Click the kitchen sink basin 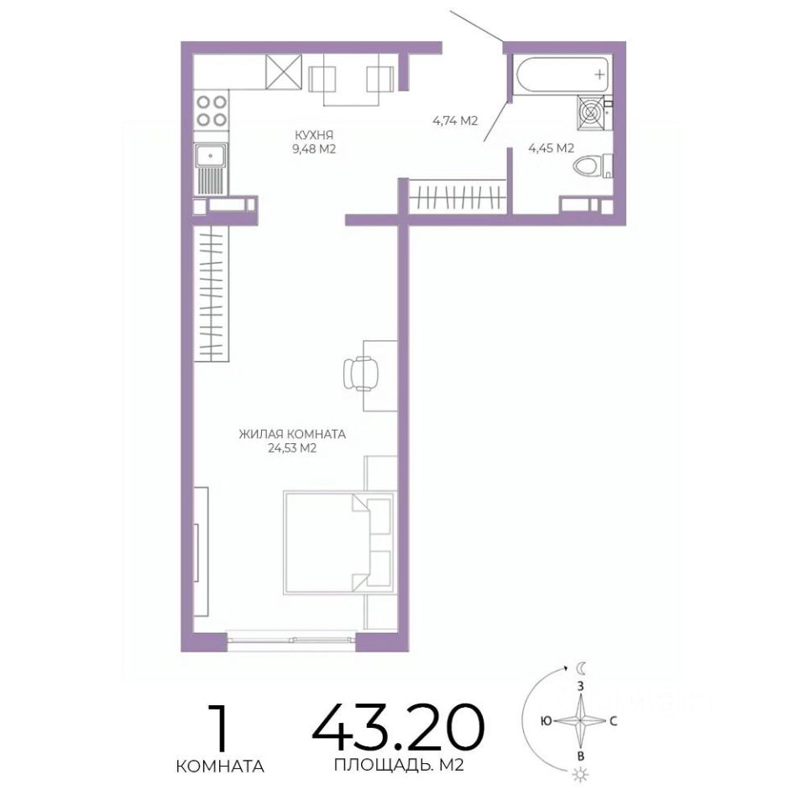(x=211, y=155)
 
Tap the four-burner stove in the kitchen (x=212, y=111)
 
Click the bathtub (x=563, y=75)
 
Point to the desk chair (x=361, y=373)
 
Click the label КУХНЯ (x=313, y=135)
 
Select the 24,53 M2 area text (x=292, y=448)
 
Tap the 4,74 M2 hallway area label (x=455, y=121)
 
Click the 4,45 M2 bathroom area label (x=551, y=149)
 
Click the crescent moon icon (x=580, y=669)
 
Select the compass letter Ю (x=546, y=721)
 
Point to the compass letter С (x=613, y=721)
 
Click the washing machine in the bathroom (x=592, y=112)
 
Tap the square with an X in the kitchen (x=283, y=72)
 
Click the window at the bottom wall (x=291, y=640)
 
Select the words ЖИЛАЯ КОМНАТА (x=292, y=434)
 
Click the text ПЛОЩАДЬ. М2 (x=399, y=766)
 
